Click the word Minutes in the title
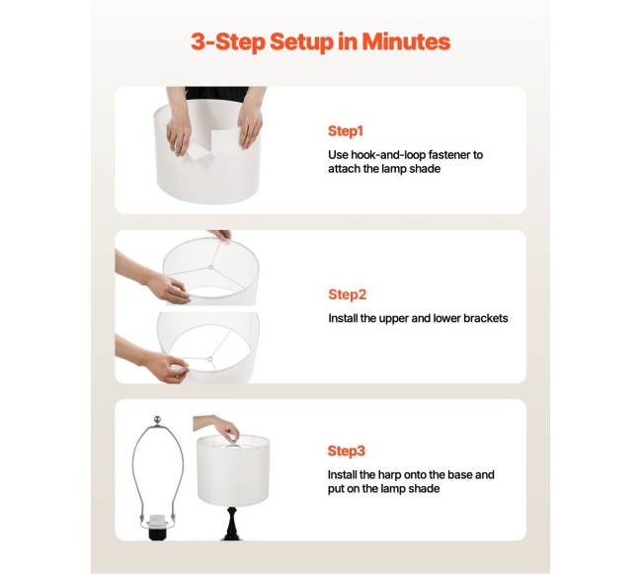tap(406, 41)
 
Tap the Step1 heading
tap(346, 131)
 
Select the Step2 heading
tap(348, 294)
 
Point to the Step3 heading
tap(347, 451)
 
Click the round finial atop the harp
tap(157, 420)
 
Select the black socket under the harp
tap(158, 531)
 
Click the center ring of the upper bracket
tap(210, 268)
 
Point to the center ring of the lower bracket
tap(209, 360)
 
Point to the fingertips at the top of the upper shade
tap(221, 235)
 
